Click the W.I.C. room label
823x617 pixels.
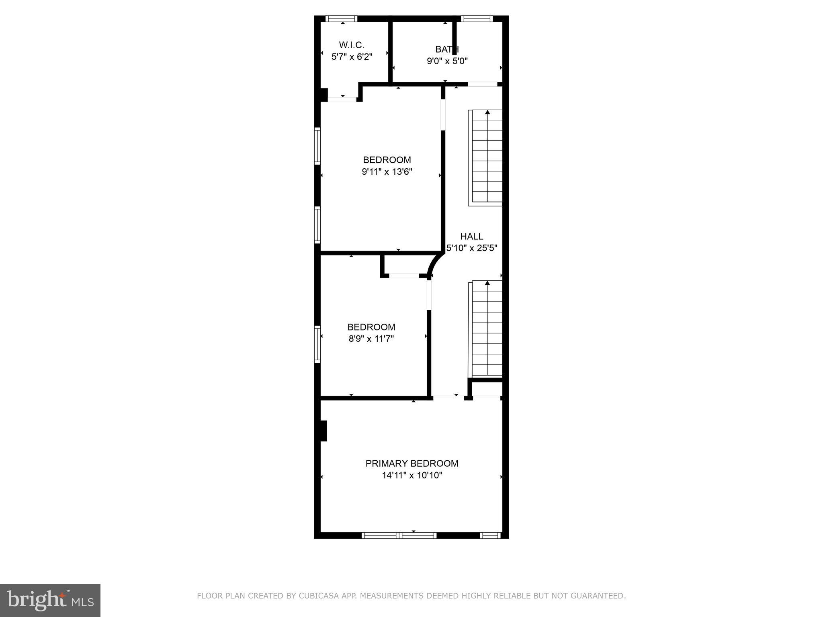[352, 45]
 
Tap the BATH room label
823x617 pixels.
[447, 49]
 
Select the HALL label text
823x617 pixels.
[471, 237]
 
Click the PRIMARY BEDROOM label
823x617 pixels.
[411, 464]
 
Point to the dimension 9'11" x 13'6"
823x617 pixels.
[387, 172]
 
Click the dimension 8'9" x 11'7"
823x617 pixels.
[371, 339]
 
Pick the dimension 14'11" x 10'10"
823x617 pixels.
[411, 476]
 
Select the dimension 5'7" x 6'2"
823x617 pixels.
[352, 57]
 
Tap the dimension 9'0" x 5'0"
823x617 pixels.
[447, 61]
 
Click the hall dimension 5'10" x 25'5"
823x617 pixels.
[472, 248]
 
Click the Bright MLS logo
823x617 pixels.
[50, 600]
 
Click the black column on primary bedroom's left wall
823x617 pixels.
[323, 431]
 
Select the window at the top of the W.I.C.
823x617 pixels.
[341, 18]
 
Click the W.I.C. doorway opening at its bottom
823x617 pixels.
[342, 99]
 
